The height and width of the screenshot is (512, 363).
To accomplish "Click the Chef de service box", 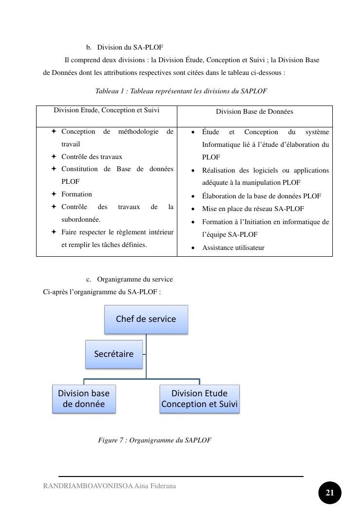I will pos(146,319).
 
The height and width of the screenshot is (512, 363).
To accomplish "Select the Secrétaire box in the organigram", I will pos(114,354).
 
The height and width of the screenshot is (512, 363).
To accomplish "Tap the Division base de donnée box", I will pos(84,399).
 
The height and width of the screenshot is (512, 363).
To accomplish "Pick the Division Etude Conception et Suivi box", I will pos(199,399).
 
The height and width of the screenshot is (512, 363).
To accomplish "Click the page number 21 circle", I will pos(330,493).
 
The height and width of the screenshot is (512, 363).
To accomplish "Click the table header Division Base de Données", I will pos(254,112).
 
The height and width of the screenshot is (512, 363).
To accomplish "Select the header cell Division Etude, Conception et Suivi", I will pos(106,110).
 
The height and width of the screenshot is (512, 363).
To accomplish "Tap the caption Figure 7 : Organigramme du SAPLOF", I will pos(154,441).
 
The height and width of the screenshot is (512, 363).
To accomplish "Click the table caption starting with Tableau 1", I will pos(181,91).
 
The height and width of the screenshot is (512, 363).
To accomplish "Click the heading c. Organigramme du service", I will pos(134,280).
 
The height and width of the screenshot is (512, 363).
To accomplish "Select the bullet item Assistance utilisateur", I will pos(233,248).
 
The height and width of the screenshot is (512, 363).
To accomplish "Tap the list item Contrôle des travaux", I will pos(92,157).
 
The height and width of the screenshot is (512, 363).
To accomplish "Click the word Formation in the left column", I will pos(76,194).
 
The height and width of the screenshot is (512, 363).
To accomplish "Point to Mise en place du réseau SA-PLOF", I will pos(253,209).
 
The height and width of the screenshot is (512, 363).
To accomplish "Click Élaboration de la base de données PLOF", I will pos(261,196).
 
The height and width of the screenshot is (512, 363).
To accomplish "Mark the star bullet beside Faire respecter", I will pos(54,232).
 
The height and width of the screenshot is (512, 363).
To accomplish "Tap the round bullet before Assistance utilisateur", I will pos(193,248).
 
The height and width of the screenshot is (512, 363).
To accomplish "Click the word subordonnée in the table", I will pos(80,220).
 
